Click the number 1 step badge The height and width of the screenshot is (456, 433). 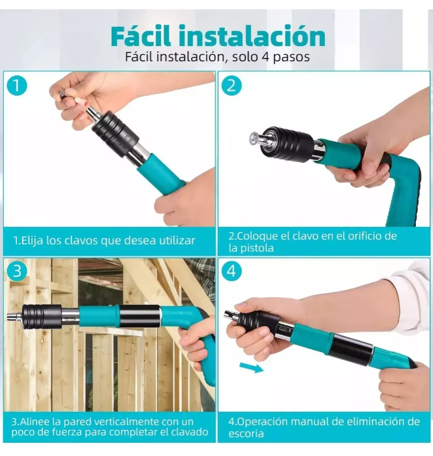pyautogui.click(x=17, y=86)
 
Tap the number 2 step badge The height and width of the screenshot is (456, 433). pyautogui.click(x=232, y=86)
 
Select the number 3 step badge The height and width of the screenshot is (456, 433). pyautogui.click(x=17, y=271)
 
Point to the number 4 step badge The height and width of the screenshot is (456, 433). pyautogui.click(x=232, y=271)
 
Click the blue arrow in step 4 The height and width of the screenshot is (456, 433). pyautogui.click(x=251, y=367)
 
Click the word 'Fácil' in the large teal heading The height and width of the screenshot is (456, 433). pyautogui.click(x=142, y=36)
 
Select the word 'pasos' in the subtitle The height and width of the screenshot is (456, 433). pyautogui.click(x=291, y=57)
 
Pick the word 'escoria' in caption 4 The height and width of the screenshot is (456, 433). pyautogui.click(x=246, y=433)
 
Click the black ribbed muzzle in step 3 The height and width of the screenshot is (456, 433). pyautogui.click(x=42, y=317)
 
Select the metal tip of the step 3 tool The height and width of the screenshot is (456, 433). pyautogui.click(x=15, y=317)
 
